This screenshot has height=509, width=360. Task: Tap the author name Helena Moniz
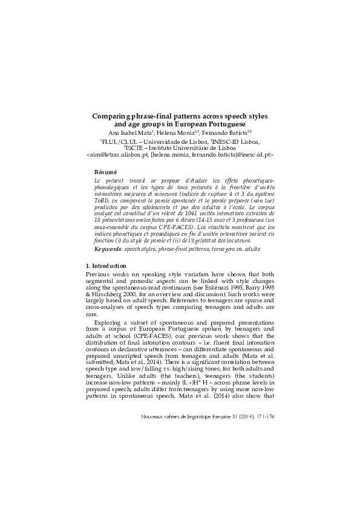[x=180, y=133]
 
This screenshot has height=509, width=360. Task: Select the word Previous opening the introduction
[x=102, y=274]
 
